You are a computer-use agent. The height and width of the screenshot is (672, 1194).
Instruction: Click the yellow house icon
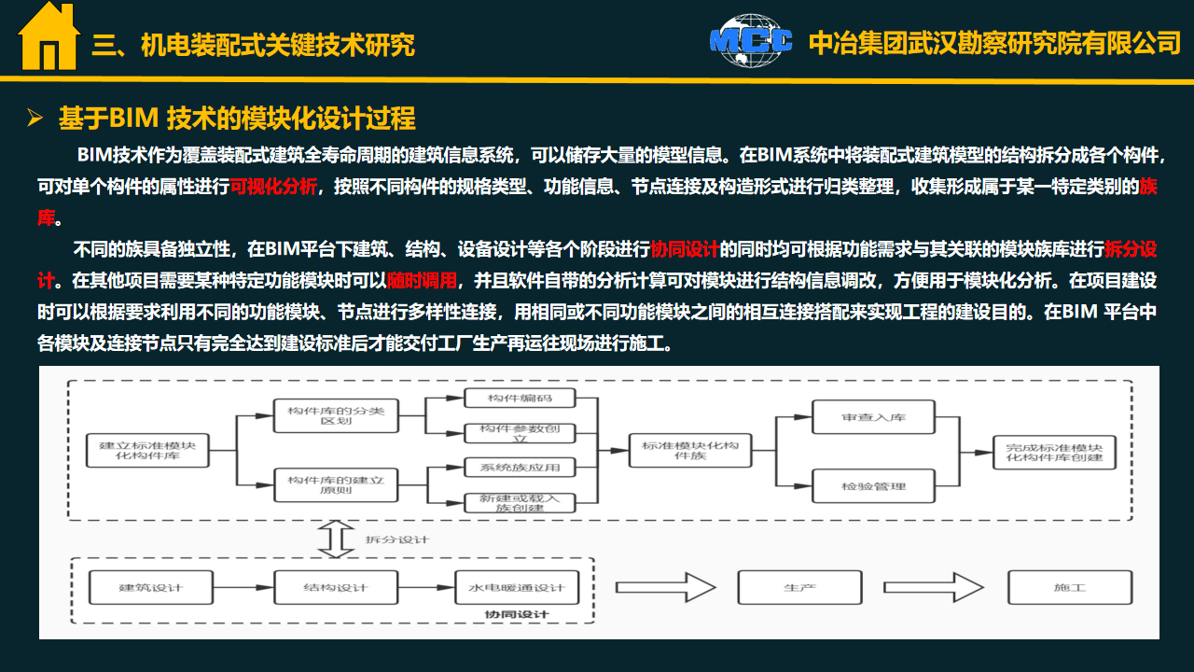pos(49,36)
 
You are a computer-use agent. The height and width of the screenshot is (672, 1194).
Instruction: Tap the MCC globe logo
pos(751,40)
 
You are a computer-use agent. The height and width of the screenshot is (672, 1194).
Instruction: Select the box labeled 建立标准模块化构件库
pos(147,451)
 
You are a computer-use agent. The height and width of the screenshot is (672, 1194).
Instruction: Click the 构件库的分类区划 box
pos(336,415)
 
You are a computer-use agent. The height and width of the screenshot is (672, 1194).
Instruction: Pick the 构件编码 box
pos(520,398)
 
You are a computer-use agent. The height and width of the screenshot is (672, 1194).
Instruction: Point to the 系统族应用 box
pos(520,468)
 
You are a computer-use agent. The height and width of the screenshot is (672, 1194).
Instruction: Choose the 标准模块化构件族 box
pos(690,451)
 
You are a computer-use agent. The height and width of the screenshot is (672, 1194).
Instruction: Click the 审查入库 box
pos(874,417)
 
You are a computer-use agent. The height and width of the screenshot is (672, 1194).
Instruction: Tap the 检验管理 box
pos(874,486)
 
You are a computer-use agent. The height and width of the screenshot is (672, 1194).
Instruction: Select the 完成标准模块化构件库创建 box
pos(1054,453)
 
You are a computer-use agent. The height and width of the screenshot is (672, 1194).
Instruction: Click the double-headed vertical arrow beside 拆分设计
pos(336,539)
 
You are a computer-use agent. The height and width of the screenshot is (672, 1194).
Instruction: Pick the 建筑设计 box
pos(151,587)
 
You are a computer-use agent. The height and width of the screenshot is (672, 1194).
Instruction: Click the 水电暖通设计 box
pos(517,587)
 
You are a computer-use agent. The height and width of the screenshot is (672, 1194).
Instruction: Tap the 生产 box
pos(799,587)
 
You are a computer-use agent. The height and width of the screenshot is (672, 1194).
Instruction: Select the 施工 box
pos(1070,587)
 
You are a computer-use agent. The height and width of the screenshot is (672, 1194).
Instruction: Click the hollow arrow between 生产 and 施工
pos(934,587)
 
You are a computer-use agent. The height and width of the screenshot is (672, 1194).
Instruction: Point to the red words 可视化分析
pos(273,187)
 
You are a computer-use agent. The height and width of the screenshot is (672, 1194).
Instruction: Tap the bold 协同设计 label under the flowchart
pos(517,614)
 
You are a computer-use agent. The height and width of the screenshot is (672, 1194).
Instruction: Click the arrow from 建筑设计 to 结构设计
pos(243,587)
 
